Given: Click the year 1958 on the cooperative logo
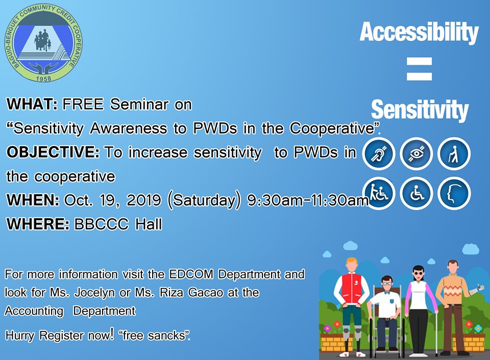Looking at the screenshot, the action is pos(43,79).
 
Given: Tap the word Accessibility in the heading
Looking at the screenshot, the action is pos(419,32).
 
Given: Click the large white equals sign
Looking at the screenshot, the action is pos(419,69).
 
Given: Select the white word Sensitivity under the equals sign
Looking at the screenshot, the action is pos(420,110).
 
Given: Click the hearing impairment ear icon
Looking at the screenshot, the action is pos(379,153).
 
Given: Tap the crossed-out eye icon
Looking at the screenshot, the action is pos(416,153).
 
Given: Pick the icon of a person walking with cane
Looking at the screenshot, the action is pos(454,153).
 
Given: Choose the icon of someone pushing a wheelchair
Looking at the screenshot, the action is pos(379,193).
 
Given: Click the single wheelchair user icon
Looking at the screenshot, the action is pos(416,193).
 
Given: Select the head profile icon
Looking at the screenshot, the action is pos(454,193).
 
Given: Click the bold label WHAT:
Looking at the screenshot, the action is pos(32,104).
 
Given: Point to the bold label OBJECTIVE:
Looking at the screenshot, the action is pos(53,152).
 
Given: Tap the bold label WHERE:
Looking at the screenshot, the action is pos(38,224).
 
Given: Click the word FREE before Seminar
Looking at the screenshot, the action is pos(83,104).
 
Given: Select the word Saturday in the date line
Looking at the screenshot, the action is pos(204,200).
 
